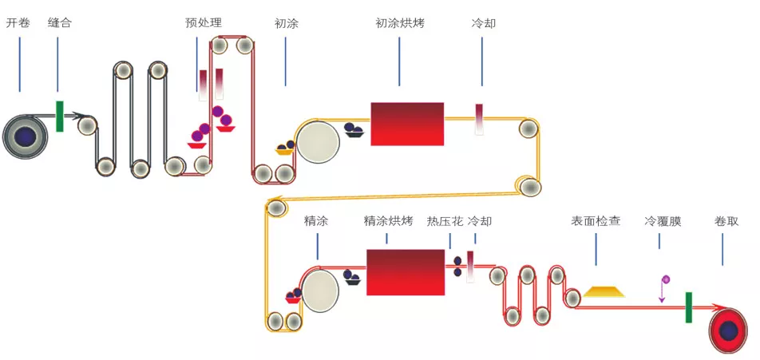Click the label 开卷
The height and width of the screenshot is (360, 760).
coord(18,23)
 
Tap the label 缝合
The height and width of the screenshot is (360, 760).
coord(59,23)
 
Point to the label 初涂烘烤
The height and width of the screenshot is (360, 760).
coord(399,23)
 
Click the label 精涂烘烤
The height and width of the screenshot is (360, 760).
coord(387,220)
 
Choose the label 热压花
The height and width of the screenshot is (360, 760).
coord(445,220)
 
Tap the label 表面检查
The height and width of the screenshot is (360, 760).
coord(596,220)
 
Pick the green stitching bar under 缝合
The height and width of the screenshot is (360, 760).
coord(60,116)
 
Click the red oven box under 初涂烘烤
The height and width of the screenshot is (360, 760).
coord(407,124)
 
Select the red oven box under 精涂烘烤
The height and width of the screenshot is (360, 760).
coord(406,272)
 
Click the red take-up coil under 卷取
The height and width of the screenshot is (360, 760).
coord(728,329)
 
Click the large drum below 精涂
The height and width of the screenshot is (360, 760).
coord(319,289)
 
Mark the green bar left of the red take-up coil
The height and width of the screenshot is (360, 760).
coord(688,307)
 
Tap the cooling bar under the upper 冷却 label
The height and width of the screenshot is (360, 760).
coord(480,119)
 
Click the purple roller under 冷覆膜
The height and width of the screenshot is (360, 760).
coord(666,279)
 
